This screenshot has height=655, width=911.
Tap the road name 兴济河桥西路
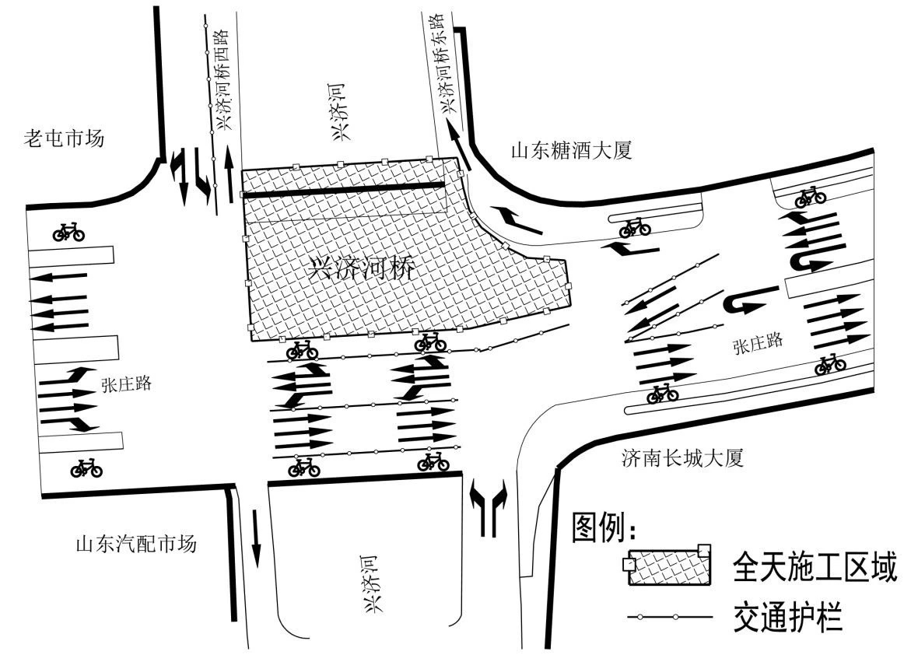coord(223,79)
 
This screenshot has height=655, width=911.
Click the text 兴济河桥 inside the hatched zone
coord(359,269)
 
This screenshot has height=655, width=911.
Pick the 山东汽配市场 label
coord(136,542)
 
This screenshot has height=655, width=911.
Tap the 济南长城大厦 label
coord(682,458)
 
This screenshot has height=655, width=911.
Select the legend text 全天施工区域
coord(815,568)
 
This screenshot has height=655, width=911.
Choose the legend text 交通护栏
coord(788,618)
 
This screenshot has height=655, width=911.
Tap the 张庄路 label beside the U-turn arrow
coord(757,342)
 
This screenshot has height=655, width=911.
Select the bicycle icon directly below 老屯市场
coord(69,231)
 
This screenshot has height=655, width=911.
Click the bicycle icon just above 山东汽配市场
coord(86,468)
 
